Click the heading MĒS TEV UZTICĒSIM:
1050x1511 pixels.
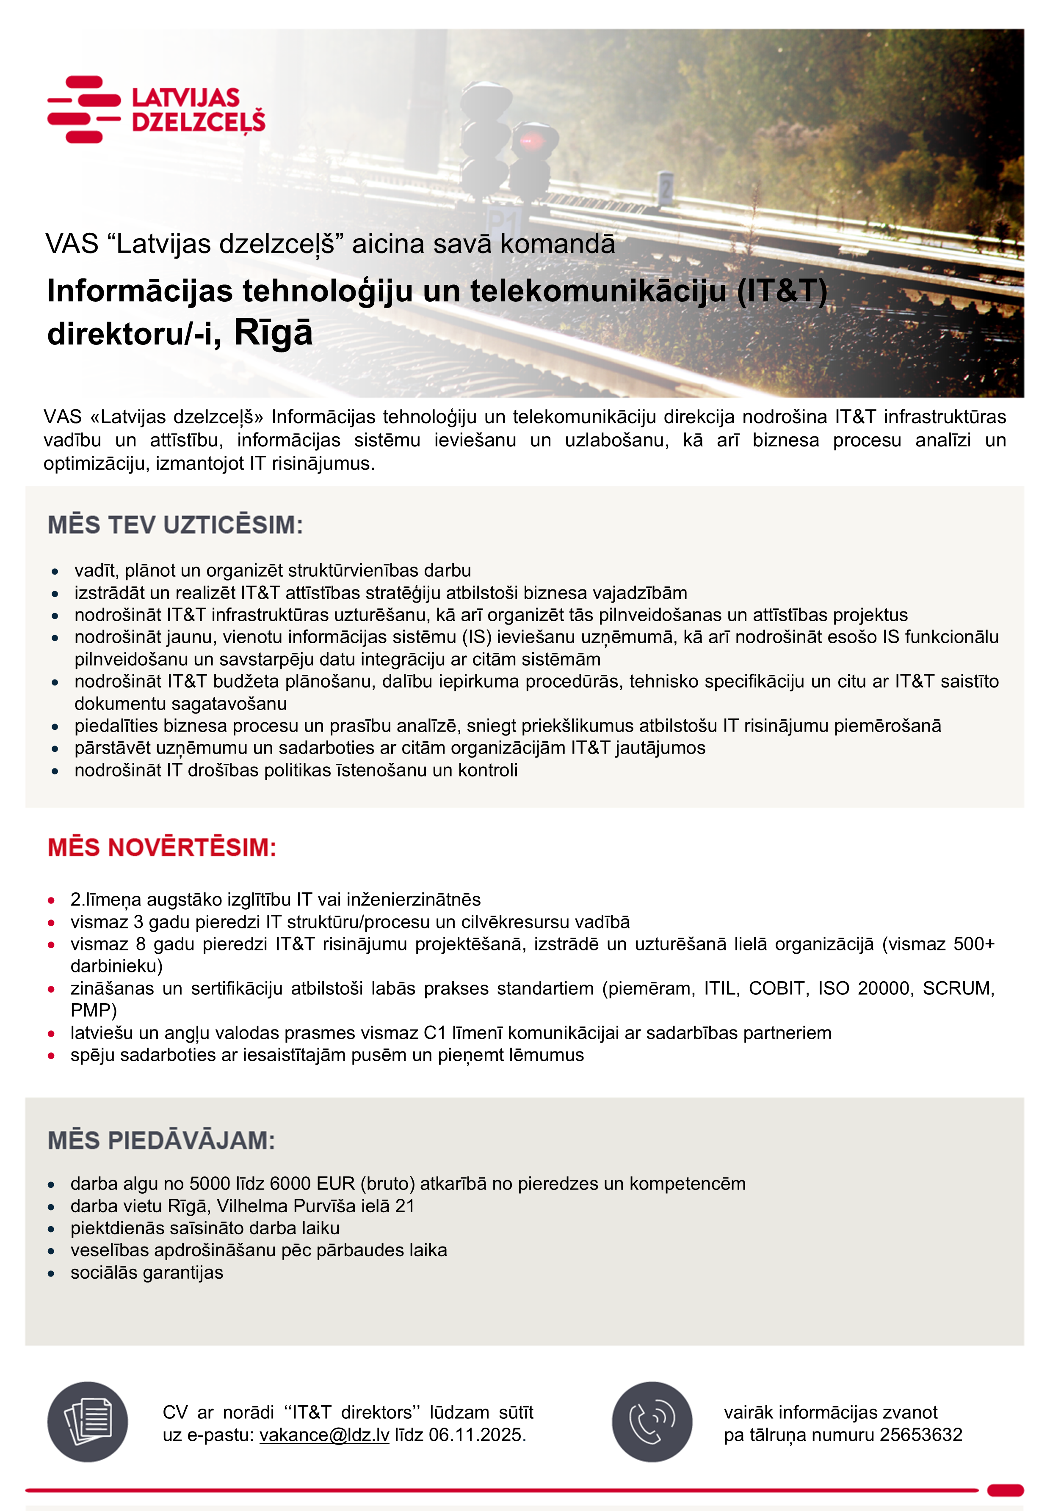(175, 526)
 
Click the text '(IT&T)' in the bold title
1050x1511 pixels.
(782, 291)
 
